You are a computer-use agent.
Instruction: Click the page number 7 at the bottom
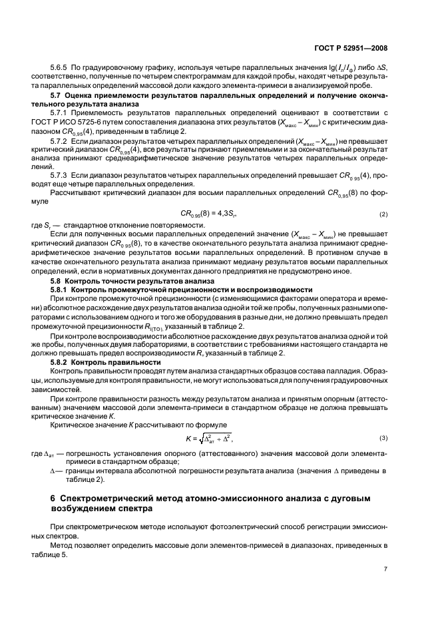click(x=385, y=569)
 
